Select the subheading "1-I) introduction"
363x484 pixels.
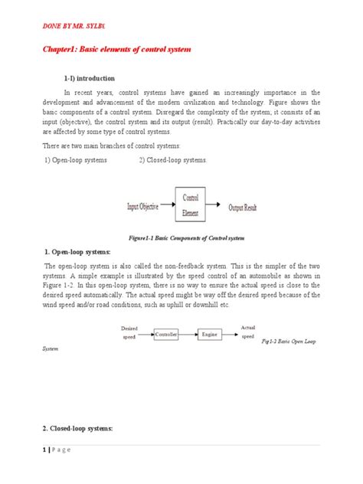click(90, 78)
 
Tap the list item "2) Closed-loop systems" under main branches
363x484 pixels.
click(172, 159)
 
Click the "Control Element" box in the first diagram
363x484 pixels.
click(191, 206)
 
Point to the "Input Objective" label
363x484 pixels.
click(149, 207)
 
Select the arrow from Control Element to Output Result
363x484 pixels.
click(216, 207)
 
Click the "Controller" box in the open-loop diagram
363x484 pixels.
click(167, 335)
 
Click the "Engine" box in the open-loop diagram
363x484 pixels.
click(208, 335)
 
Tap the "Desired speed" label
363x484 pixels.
click(129, 331)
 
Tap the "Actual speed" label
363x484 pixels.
click(247, 331)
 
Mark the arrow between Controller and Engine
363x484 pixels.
click(188, 335)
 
